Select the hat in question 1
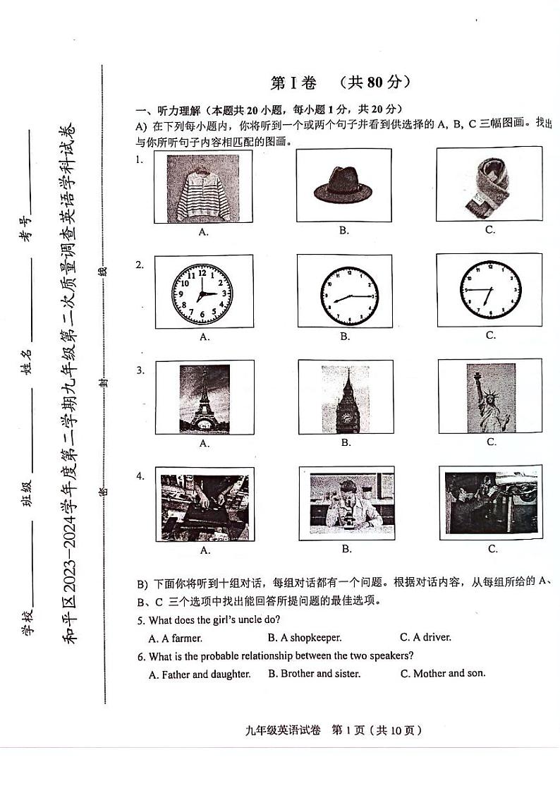(x=344, y=186)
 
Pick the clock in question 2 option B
(x=348, y=295)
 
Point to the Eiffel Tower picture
(x=205, y=398)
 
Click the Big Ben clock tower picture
(x=346, y=398)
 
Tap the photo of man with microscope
(x=346, y=504)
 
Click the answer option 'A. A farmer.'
(x=176, y=638)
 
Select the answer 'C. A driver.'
(x=425, y=637)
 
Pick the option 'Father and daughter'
(x=200, y=674)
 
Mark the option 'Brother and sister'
(x=315, y=674)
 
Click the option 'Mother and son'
(x=443, y=673)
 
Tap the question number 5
(x=141, y=620)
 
